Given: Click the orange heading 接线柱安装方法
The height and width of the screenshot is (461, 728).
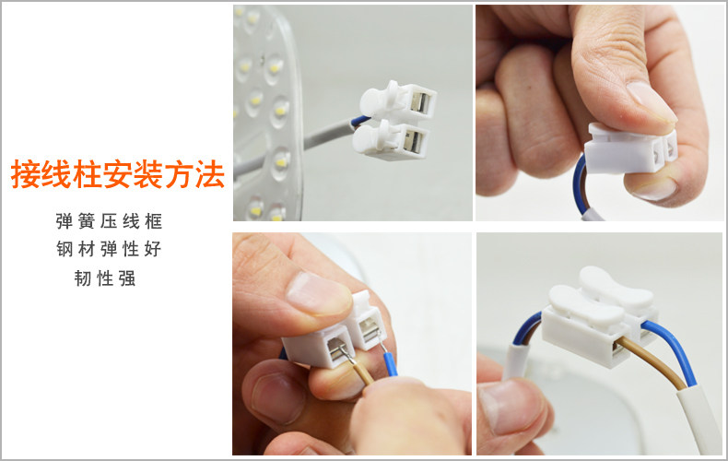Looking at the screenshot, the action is (117, 174).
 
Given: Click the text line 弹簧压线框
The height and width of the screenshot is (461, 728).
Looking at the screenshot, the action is (109, 221).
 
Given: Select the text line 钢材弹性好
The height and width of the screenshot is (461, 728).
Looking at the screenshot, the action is (109, 249).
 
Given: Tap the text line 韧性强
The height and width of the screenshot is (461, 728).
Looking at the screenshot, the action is (105, 278).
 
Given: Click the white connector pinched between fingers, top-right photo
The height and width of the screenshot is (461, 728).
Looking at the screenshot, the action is (630, 148).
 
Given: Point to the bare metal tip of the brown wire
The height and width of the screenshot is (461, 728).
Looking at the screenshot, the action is (346, 353).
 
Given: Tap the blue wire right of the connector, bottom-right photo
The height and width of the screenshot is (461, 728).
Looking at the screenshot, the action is (671, 349).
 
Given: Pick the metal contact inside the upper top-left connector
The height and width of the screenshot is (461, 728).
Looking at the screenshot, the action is (419, 102).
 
